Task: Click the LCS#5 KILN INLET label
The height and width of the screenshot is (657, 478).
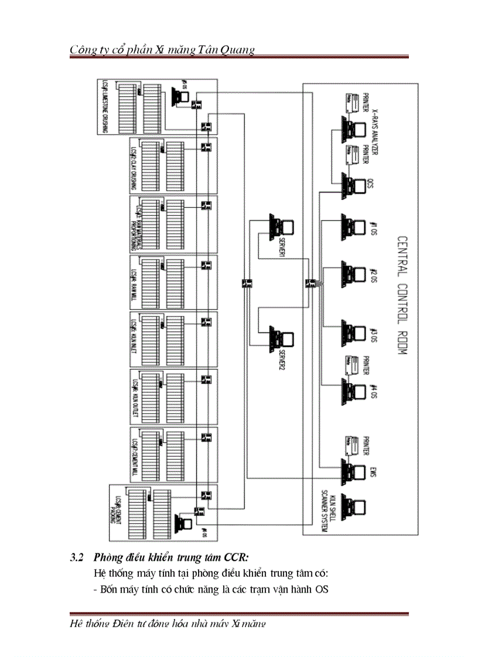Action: click(x=134, y=339)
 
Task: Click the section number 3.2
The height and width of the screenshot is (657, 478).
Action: click(x=77, y=557)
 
